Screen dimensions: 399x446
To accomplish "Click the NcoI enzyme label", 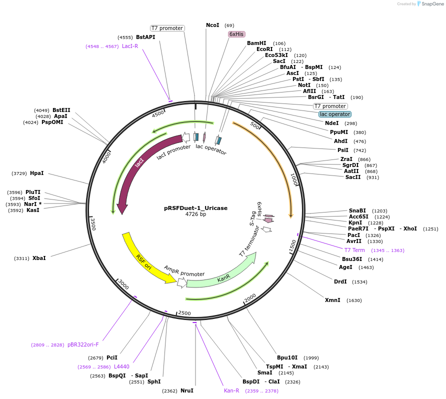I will (x=212, y=25).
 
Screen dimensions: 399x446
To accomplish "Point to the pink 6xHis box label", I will (x=236, y=34).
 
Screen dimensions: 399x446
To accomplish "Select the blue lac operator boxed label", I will (x=334, y=114).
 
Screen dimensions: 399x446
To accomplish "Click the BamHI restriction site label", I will (x=256, y=43).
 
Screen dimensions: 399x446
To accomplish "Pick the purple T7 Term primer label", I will (x=354, y=250).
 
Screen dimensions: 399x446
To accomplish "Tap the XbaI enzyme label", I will (x=39, y=258).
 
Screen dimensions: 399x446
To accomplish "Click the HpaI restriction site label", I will (x=37, y=173).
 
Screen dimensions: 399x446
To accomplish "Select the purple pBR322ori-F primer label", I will (x=83, y=344).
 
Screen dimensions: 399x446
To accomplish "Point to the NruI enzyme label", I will (x=187, y=390).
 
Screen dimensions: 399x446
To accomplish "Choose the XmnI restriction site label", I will (x=332, y=300).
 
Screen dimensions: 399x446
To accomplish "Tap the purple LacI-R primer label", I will (x=130, y=46).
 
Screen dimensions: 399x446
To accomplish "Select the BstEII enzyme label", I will (x=61, y=110).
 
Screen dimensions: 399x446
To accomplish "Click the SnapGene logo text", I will (x=432, y=4).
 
